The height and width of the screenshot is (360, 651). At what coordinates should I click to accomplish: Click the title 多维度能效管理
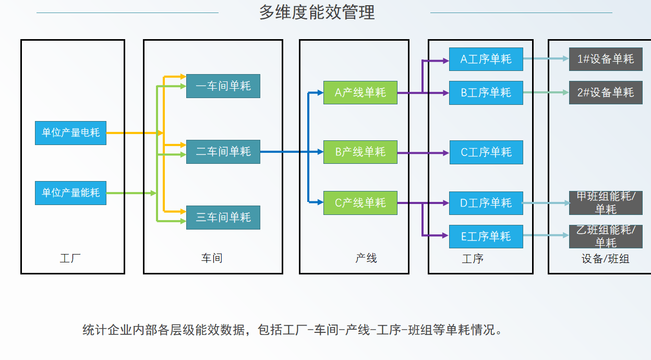click(x=317, y=13)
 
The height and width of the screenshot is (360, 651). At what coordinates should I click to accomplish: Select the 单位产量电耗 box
click(x=70, y=133)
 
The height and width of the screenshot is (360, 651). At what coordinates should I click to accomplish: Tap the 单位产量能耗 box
click(x=70, y=193)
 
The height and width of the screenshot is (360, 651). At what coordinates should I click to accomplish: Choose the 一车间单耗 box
click(x=223, y=86)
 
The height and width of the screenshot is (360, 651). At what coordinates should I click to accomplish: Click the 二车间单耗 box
click(x=223, y=152)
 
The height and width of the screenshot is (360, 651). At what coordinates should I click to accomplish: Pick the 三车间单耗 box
click(x=223, y=218)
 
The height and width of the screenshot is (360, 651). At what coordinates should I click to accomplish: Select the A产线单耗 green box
click(x=360, y=93)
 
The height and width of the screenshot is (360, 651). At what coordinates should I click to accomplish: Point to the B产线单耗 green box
click(x=360, y=152)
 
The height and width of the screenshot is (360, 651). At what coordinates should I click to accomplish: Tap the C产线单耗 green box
click(x=360, y=203)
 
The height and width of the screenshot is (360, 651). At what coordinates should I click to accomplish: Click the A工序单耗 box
click(x=486, y=59)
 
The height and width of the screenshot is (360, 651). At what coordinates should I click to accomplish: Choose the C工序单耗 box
click(x=486, y=152)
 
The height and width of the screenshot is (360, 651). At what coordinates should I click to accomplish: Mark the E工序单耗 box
click(x=486, y=236)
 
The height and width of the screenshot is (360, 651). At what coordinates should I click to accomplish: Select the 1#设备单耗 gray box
click(x=606, y=59)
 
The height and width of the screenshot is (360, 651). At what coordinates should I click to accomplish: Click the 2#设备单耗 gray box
click(x=606, y=93)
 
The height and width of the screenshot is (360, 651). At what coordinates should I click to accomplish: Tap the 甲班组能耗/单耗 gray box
click(x=606, y=203)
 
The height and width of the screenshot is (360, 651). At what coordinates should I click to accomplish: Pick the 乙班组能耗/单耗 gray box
click(x=606, y=236)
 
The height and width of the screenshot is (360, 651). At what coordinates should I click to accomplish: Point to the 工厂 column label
click(x=70, y=258)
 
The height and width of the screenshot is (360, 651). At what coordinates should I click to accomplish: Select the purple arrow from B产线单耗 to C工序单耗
click(x=423, y=153)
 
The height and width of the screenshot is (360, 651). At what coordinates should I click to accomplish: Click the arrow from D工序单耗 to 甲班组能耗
click(x=546, y=203)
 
